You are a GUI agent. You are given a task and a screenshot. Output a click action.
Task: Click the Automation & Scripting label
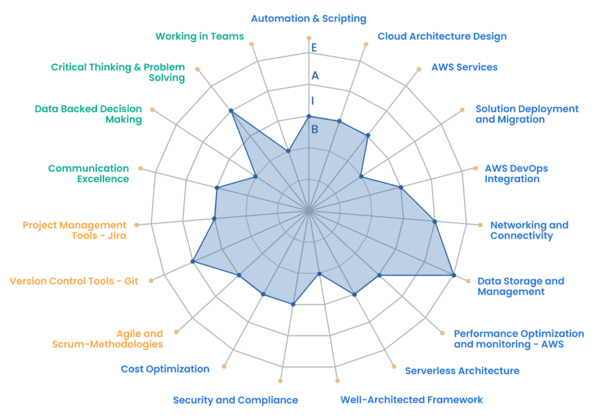point(308,18)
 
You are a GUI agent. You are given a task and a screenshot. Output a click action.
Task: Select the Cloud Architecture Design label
point(442,36)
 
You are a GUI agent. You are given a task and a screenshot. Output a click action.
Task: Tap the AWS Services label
point(464,67)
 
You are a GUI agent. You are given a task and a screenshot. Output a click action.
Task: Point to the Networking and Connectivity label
point(529,230)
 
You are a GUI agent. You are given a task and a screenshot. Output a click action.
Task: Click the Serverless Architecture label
point(462,371)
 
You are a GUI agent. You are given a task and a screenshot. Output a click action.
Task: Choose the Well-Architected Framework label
point(412,400)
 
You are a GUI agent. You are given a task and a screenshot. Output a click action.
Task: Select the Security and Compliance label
point(235,400)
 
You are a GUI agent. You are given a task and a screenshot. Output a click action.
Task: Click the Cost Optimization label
point(165,369)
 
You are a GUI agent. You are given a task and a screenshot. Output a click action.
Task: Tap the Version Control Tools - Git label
point(74,281)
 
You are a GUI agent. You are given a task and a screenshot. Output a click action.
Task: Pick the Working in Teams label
point(199,36)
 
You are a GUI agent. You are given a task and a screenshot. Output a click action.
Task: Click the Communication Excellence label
point(88,173)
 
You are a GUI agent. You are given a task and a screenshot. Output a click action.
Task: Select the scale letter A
point(315,76)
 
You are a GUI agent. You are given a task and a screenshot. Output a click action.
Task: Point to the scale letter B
point(315,129)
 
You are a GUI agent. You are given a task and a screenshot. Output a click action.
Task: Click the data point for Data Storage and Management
point(453,275)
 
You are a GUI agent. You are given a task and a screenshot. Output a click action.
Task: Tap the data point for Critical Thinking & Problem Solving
point(231,111)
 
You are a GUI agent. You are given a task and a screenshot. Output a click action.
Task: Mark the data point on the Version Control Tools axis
point(193,261)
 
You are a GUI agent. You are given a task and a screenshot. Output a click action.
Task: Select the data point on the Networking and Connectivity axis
point(435,221)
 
